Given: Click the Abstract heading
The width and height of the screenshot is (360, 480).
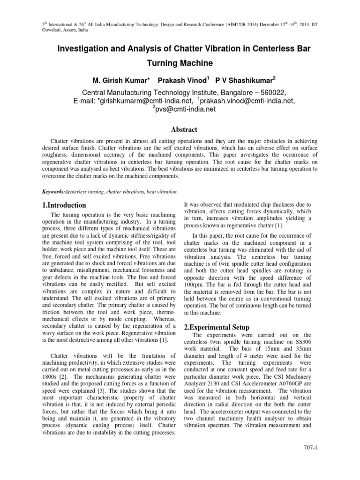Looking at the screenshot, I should pos(180,129).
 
